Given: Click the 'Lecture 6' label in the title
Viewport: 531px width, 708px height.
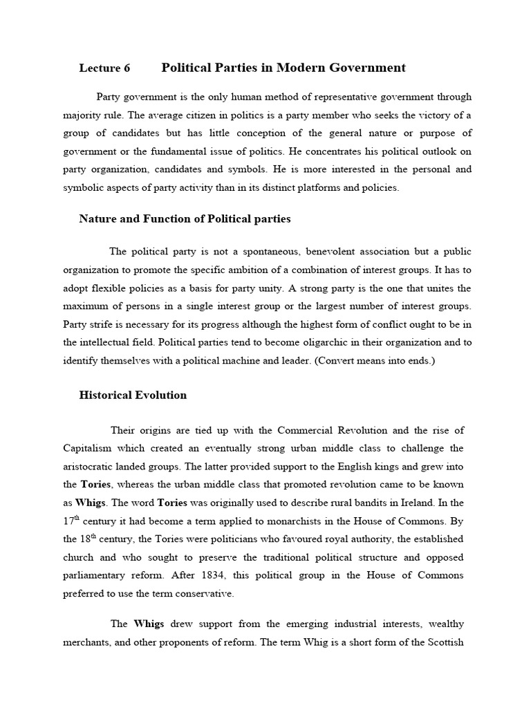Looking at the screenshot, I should pos(104,68).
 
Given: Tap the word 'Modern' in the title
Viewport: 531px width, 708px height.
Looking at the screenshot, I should pos(303,67).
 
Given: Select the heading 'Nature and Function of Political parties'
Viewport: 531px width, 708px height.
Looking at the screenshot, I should pos(185,218).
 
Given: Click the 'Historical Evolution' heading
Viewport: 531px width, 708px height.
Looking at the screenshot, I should pos(133,395).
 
